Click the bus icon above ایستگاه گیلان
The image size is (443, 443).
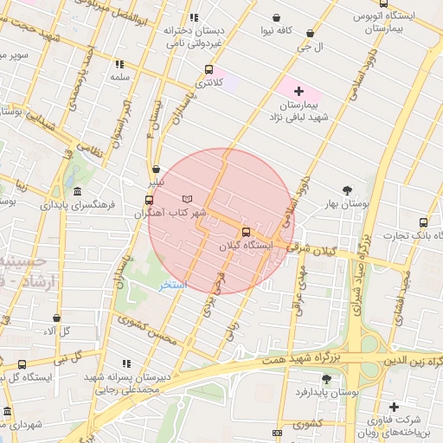(247, 232)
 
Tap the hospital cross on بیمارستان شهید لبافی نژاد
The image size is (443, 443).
(299, 90)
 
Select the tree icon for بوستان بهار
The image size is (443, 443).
(348, 189)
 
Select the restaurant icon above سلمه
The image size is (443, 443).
(119, 63)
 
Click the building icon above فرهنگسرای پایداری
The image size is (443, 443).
(77, 191)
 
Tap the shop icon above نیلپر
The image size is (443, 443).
(155, 170)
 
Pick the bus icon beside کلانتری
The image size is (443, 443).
(208, 69)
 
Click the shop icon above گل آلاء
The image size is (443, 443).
(56, 318)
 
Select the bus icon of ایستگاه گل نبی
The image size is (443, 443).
(22, 365)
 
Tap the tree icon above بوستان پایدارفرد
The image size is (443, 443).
(325, 379)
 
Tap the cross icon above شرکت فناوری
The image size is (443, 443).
(395, 408)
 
